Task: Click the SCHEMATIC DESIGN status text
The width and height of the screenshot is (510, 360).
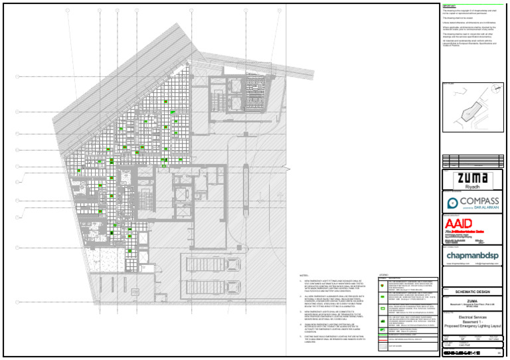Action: click(463, 292)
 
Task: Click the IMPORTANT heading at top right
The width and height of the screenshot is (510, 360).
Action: click(450, 5)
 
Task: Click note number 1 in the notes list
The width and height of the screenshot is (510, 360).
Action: click(301, 282)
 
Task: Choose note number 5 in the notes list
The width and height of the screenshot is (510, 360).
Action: click(301, 337)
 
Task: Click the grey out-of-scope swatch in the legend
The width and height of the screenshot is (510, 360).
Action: click(383, 346)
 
